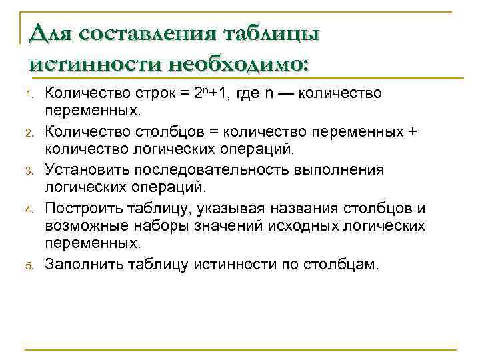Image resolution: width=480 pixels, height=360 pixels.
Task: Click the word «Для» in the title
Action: (49, 33)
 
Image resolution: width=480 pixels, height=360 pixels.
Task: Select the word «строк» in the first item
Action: (157, 93)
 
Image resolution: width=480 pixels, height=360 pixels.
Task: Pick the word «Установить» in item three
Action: (83, 169)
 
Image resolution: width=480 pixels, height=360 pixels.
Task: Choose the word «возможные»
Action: (85, 226)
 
